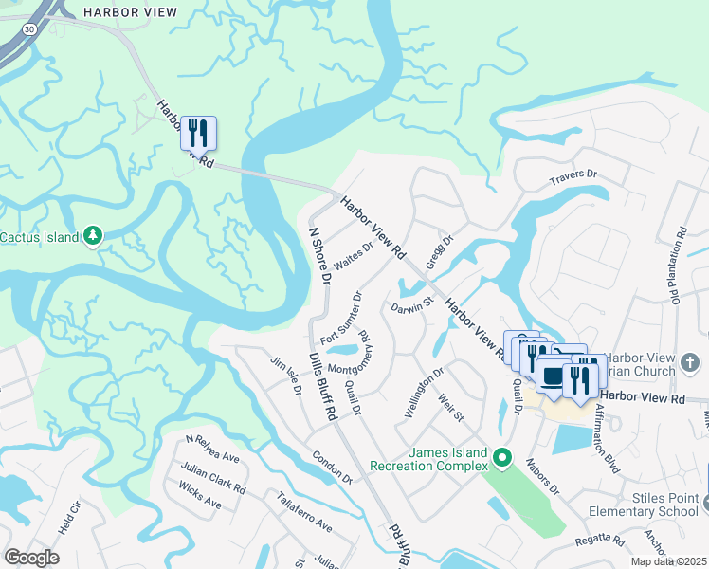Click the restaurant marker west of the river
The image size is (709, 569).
click(199, 132)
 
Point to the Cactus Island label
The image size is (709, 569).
click(40, 236)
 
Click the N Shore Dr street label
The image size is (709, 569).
click(319, 257)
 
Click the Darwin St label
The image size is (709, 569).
click(410, 305)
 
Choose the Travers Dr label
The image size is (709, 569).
click(573, 177)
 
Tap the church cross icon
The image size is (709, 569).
click(690, 362)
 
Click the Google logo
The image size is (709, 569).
click(31, 557)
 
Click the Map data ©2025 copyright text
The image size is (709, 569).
click(669, 561)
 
